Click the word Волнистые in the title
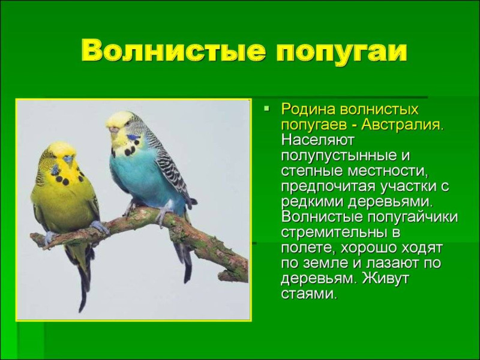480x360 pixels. point(173,50)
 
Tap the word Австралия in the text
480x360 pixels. point(402,125)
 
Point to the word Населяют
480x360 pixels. point(318,140)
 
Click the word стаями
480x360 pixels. point(309,294)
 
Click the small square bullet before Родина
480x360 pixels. point(267,108)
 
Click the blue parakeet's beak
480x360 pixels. point(114,130)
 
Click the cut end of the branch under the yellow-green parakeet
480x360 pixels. point(33,237)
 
